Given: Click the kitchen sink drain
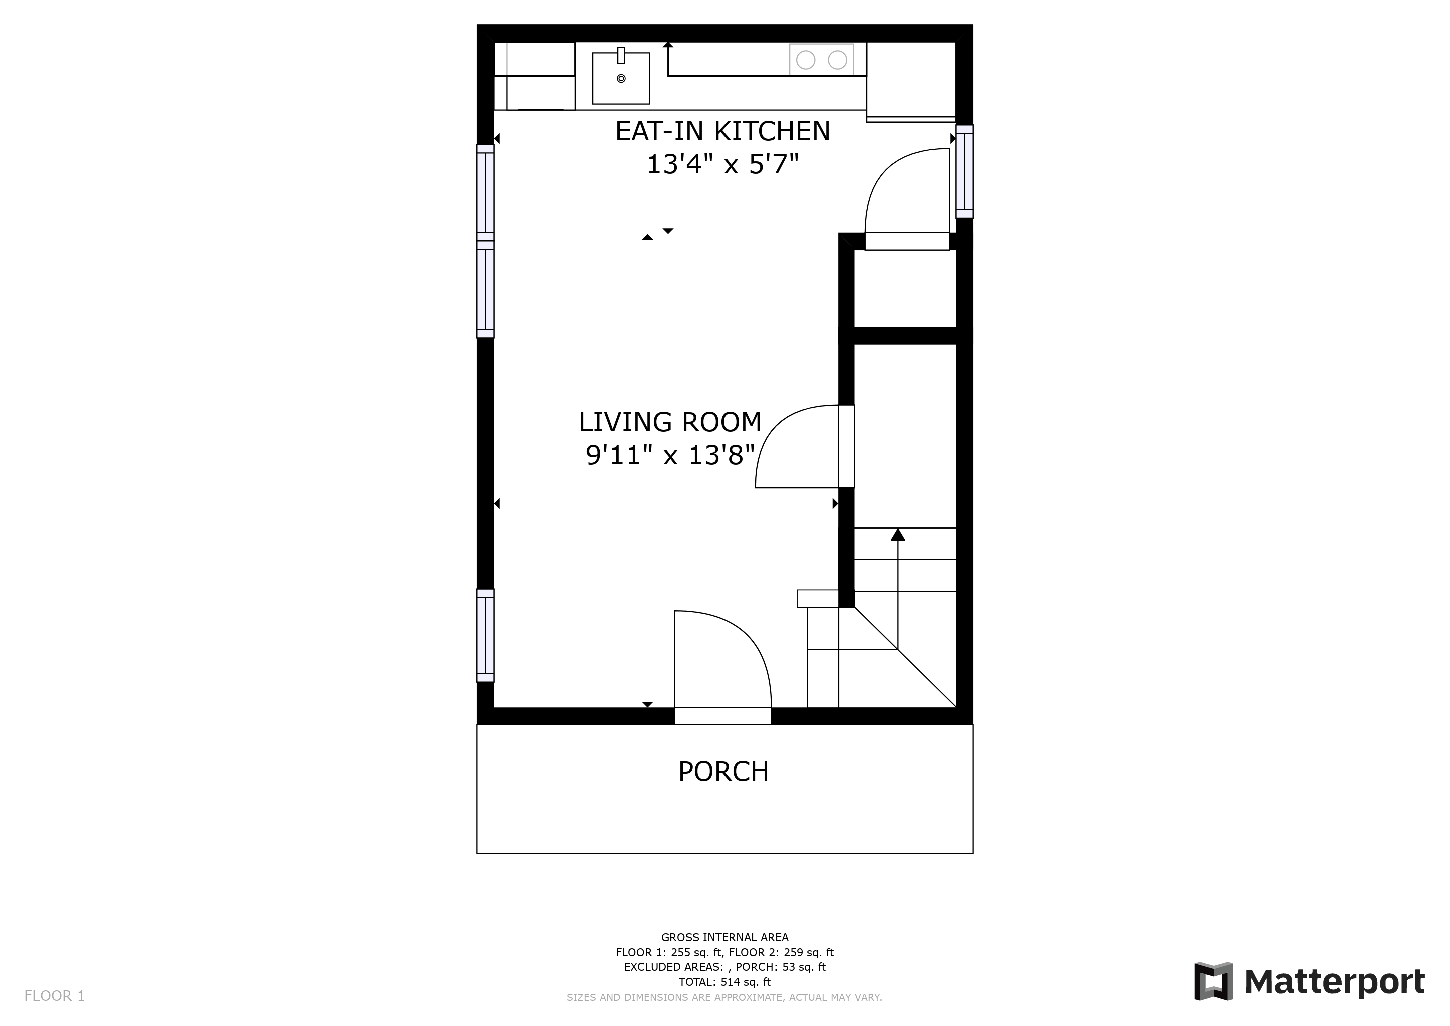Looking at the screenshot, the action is pyautogui.click(x=621, y=78).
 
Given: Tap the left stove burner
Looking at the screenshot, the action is pyautogui.click(x=805, y=60).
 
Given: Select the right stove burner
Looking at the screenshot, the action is pyautogui.click(x=838, y=60).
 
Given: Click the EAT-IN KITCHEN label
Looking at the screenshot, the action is pyautogui.click(x=722, y=131).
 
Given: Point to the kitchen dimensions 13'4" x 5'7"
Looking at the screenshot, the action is pyautogui.click(x=722, y=165).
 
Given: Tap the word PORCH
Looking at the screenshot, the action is pyautogui.click(x=723, y=772).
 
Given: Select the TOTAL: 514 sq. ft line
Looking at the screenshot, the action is pyautogui.click(x=724, y=982).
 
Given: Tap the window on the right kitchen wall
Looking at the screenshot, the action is pyautogui.click(x=964, y=171).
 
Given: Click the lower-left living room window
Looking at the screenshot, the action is pyautogui.click(x=485, y=636).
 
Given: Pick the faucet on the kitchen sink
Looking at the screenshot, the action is pyautogui.click(x=621, y=56).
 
